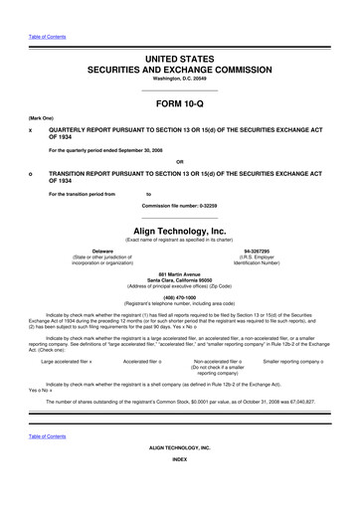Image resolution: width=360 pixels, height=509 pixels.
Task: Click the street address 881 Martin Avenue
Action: (x=179, y=273)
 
